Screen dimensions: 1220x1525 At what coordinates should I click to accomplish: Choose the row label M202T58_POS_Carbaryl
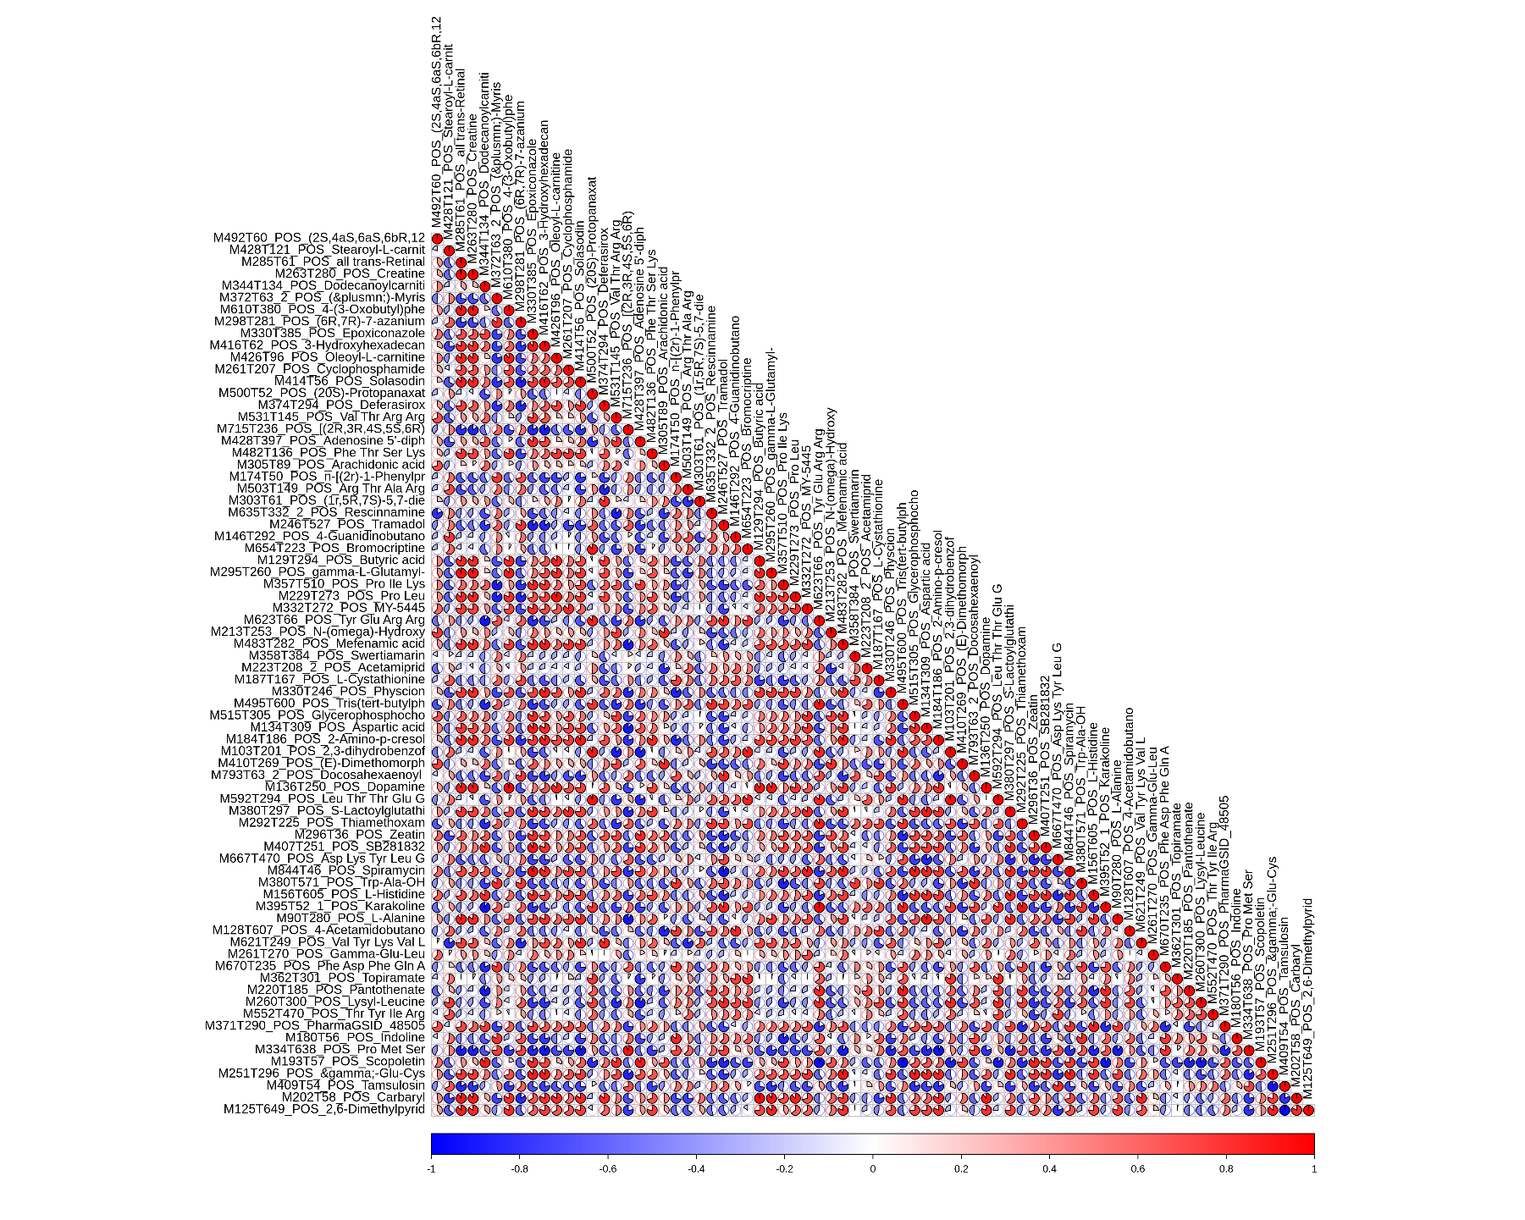[353, 1097]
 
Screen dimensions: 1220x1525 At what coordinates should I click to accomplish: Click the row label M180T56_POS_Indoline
[355, 1037]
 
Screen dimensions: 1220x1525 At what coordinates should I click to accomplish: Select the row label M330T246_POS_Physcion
[348, 691]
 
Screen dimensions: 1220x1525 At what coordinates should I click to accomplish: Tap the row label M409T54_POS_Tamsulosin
[345, 1085]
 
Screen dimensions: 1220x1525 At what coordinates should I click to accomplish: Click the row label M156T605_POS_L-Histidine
[344, 894]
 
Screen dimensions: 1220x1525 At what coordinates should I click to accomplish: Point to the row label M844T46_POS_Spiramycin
[345, 870]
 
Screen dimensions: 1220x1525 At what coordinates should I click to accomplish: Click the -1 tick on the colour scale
[432, 1169]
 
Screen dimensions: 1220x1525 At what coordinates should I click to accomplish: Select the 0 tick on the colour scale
[873, 1169]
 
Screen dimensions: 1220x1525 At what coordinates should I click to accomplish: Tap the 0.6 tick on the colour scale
[1137, 1169]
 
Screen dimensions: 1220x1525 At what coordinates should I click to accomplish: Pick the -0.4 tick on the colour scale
[696, 1169]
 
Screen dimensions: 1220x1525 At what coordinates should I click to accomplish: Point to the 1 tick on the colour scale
[1313, 1169]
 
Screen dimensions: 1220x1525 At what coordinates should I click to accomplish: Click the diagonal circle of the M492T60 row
[437, 239]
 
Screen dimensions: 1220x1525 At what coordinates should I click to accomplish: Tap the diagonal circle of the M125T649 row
[1308, 1109]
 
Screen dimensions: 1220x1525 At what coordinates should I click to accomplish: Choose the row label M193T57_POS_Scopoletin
[347, 1061]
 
